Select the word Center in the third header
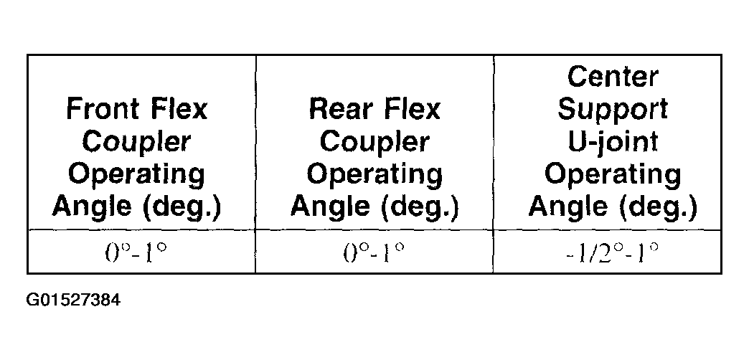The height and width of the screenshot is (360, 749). point(613,77)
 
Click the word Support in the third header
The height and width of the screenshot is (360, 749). point(613,110)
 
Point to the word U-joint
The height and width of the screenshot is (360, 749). point(613,141)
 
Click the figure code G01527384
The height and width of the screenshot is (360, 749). point(74,300)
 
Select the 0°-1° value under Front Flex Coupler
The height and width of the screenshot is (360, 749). point(136,253)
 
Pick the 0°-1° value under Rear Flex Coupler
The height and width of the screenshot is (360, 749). point(374,253)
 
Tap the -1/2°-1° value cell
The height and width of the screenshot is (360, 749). point(613,253)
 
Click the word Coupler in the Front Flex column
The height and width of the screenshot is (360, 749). point(136,141)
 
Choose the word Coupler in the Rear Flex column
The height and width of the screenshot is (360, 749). point(374,141)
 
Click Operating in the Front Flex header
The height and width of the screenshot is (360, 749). point(136,175)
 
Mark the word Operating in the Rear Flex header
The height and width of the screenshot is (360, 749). point(374,175)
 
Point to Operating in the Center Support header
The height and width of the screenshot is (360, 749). point(613,175)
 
